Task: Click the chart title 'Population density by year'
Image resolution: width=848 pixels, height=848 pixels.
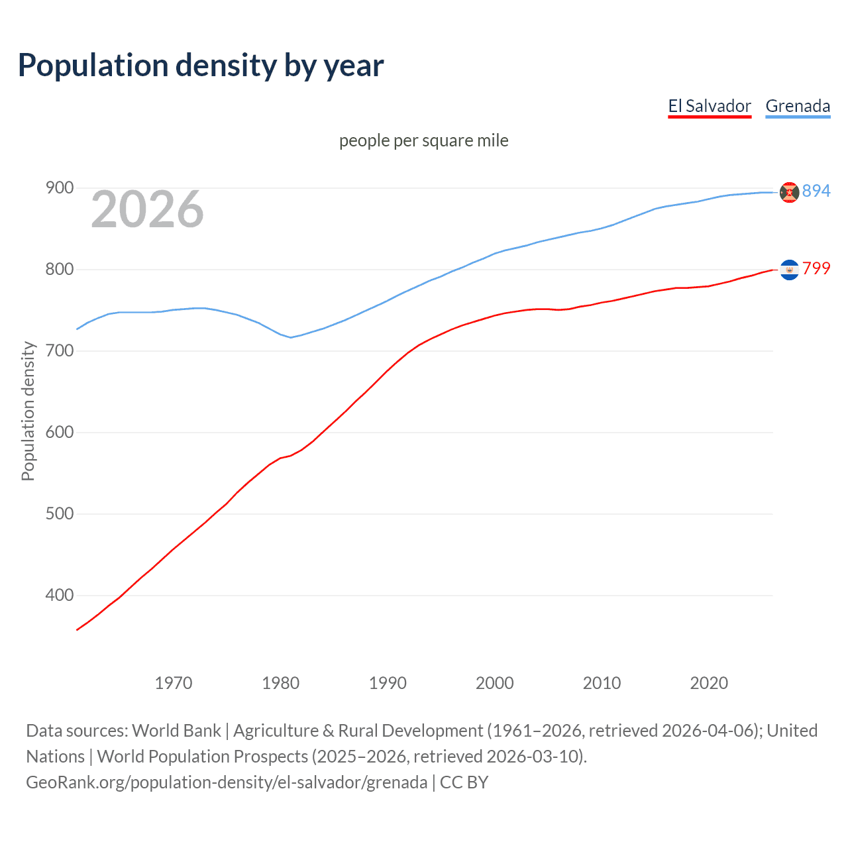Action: pos(201,66)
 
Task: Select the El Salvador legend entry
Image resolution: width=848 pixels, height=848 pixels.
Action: pos(709,106)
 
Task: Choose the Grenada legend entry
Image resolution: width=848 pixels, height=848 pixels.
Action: pos(798,106)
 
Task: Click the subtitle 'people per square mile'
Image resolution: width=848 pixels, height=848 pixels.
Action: pos(423,140)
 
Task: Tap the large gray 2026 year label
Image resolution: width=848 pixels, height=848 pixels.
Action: pos(147,209)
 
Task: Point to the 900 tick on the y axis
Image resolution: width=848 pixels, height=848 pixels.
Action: pos(59,188)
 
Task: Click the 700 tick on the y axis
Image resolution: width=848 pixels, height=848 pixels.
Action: pos(59,350)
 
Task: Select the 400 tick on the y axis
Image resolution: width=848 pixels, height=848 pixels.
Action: pos(59,596)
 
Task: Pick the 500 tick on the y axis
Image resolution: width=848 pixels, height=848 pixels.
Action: pos(59,514)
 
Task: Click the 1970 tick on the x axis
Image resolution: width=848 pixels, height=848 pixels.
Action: pos(174,683)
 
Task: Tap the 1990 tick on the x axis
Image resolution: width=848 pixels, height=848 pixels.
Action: pos(388,683)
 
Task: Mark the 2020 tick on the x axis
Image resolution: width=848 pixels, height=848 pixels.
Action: pos(709,683)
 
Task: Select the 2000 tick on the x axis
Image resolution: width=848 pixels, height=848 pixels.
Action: pos(495,683)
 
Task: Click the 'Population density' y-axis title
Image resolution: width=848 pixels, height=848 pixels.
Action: pos(28,411)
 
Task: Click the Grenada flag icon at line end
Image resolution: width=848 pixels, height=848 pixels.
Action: pos(789,192)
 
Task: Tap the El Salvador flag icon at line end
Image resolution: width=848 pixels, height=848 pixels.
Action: pos(789,270)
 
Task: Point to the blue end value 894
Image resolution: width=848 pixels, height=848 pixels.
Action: pos(816,191)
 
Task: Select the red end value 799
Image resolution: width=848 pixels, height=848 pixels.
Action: pos(816,268)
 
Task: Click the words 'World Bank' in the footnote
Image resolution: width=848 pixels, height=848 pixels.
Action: pos(176,731)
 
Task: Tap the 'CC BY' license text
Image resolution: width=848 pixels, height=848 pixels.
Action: pos(464,782)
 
